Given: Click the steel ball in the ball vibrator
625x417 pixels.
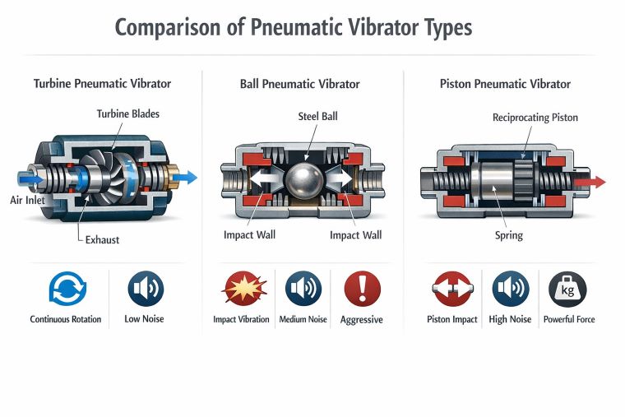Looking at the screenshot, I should pyautogui.click(x=303, y=178).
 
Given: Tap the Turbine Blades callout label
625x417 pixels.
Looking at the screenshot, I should pyautogui.click(x=127, y=114).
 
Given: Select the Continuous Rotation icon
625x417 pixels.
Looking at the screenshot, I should pyautogui.click(x=66, y=289).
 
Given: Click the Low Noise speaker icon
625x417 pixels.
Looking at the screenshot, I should pyautogui.click(x=146, y=289).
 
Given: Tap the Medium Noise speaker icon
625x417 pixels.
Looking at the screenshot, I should pyautogui.click(x=303, y=289).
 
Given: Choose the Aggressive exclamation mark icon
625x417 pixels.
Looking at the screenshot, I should pyautogui.click(x=361, y=289).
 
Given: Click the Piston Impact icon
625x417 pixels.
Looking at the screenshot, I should pyautogui.click(x=451, y=289).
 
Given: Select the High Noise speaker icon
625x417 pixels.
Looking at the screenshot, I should pyautogui.click(x=510, y=289).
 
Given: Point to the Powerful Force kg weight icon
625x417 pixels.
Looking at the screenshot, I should pyautogui.click(x=567, y=289).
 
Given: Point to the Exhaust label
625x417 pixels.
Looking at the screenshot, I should pyautogui.click(x=104, y=240).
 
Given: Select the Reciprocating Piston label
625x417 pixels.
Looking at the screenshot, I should pyautogui.click(x=535, y=118).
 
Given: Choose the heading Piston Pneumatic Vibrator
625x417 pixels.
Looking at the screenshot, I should pyautogui.click(x=505, y=84).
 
